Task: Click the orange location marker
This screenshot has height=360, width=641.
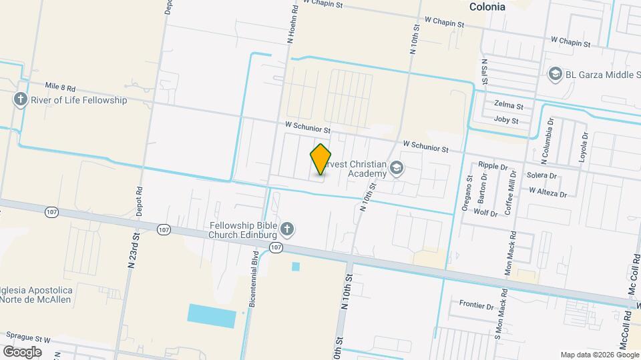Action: [321, 159]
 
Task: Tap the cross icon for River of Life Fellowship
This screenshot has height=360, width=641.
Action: [20, 100]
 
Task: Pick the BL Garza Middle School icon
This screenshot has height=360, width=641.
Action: [554, 73]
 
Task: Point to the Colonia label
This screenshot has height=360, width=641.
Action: [487, 7]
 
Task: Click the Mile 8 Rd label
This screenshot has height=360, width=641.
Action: [60, 87]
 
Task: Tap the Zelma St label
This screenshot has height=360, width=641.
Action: [508, 105]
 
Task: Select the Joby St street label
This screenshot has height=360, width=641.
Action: [506, 121]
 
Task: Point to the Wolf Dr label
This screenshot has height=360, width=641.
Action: [485, 213]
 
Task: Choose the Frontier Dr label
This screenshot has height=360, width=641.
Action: [476, 305]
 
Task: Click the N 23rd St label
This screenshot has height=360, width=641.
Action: [135, 248]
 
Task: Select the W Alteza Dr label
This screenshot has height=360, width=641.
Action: [548, 192]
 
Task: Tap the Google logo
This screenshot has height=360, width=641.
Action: [22, 351]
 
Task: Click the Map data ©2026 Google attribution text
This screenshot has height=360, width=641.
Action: [599, 355]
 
